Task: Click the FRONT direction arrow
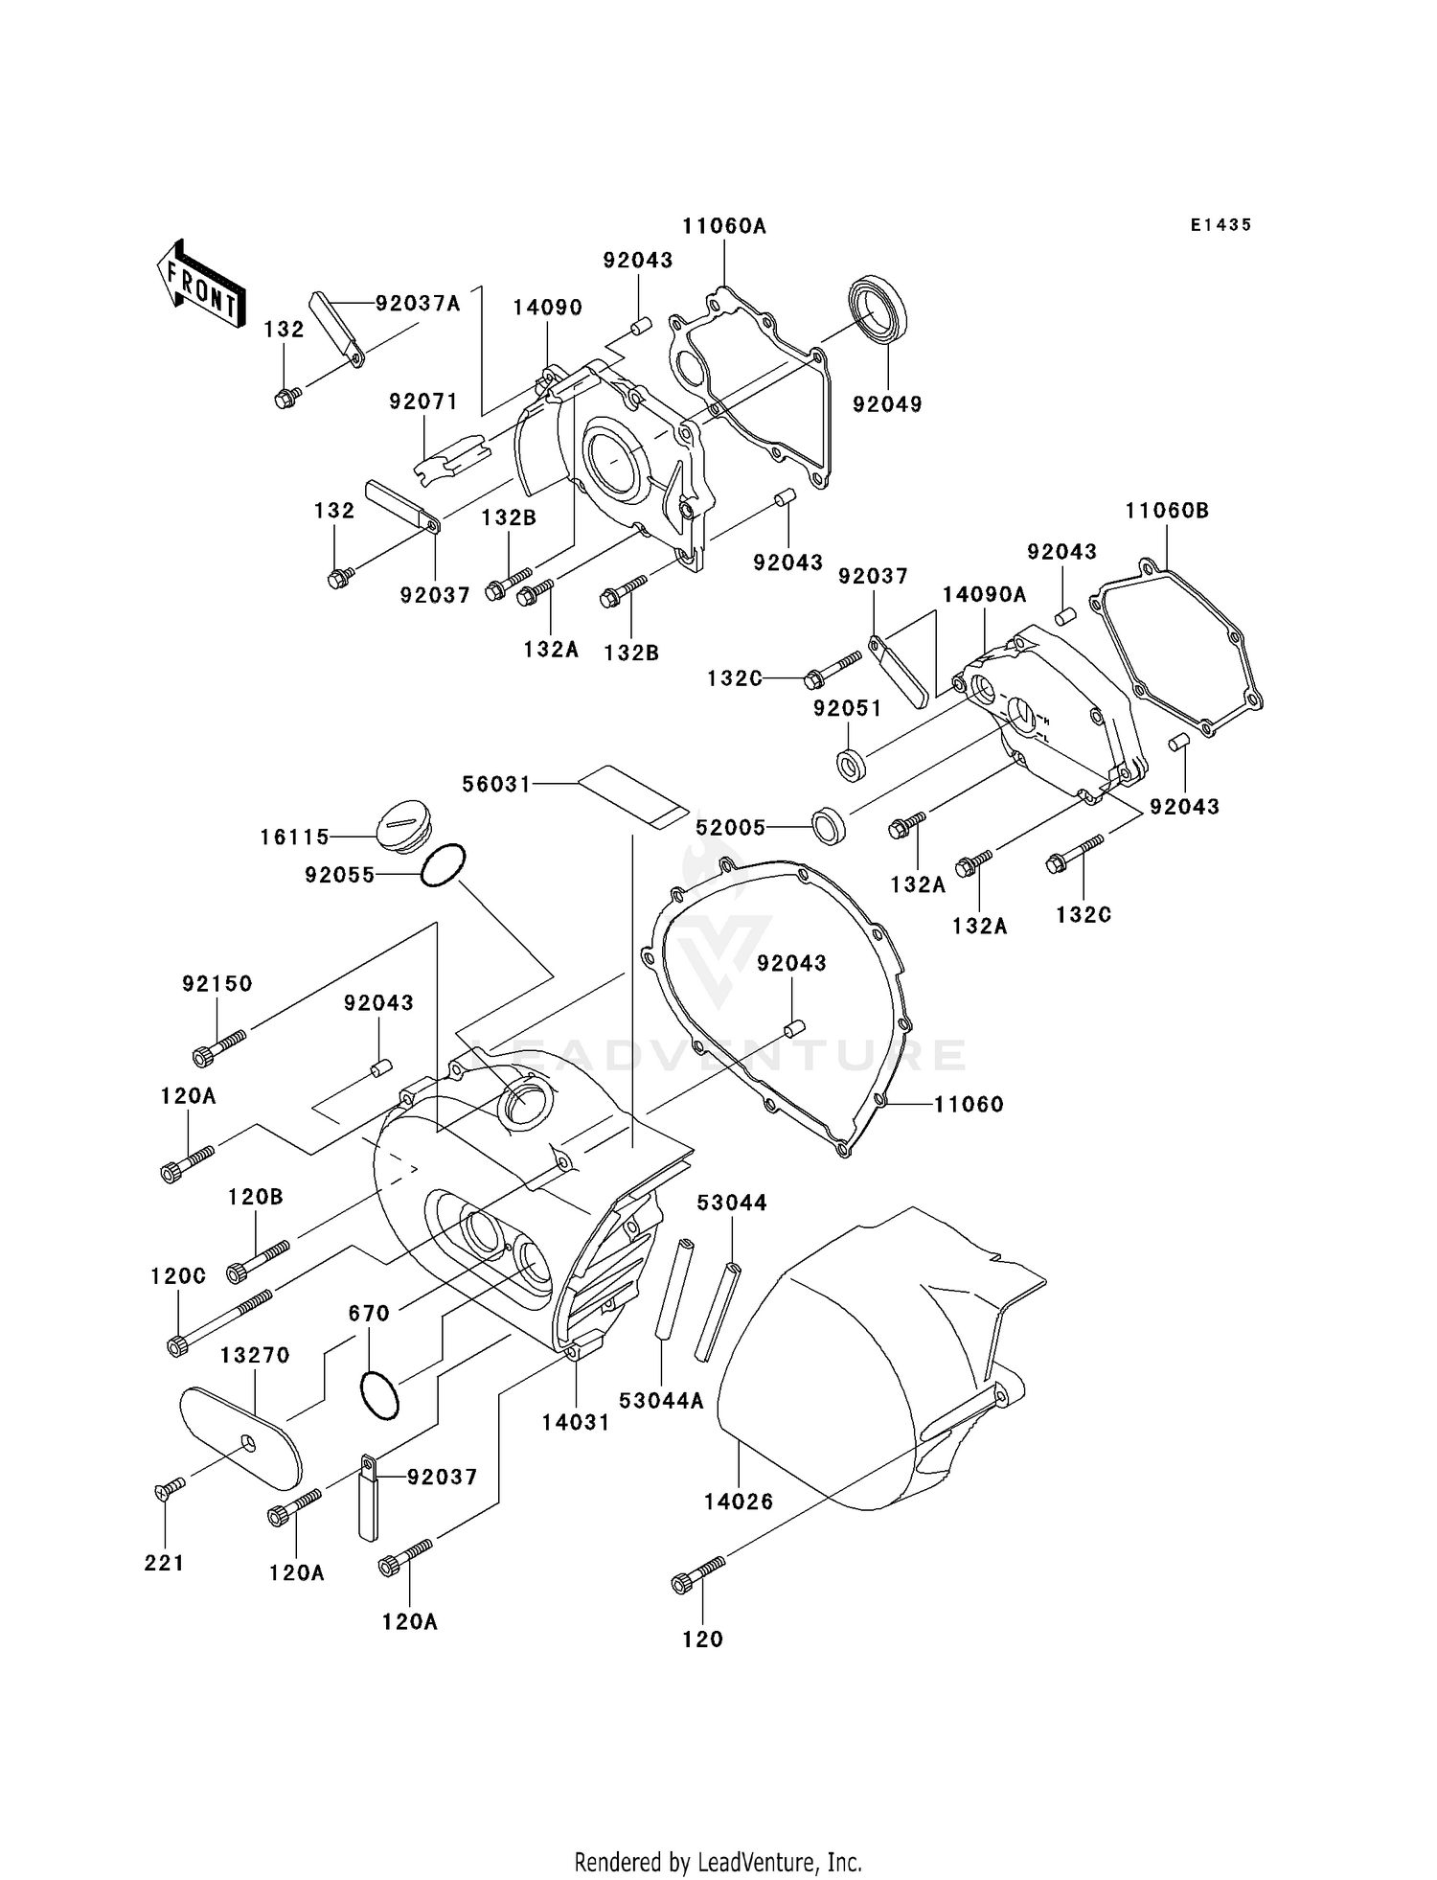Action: click(x=201, y=285)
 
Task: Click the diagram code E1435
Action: click(x=1220, y=225)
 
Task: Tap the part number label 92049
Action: click(x=887, y=404)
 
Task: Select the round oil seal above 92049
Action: click(x=879, y=310)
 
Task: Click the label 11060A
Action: click(x=724, y=226)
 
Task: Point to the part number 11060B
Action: click(x=1167, y=511)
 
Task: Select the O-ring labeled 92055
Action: click(x=443, y=865)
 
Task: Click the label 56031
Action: click(x=496, y=784)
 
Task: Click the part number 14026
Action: click(x=738, y=1502)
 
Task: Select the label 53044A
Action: click(x=661, y=1401)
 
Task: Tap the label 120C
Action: click(x=178, y=1276)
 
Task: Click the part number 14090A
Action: click(x=984, y=594)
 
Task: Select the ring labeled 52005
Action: click(x=829, y=827)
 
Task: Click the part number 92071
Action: click(x=423, y=401)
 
